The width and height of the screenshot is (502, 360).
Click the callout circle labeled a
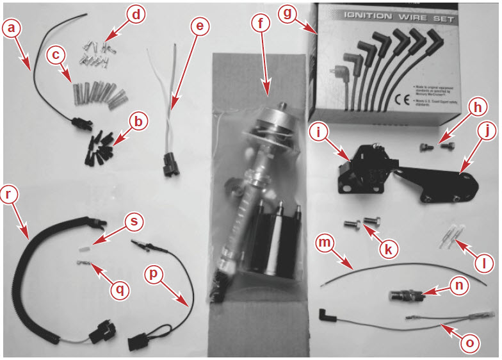pyautogui.click(x=13, y=28)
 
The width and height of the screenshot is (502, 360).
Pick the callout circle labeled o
pyautogui.click(x=471, y=343)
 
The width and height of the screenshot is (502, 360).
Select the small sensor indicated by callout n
pyautogui.click(x=406, y=297)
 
